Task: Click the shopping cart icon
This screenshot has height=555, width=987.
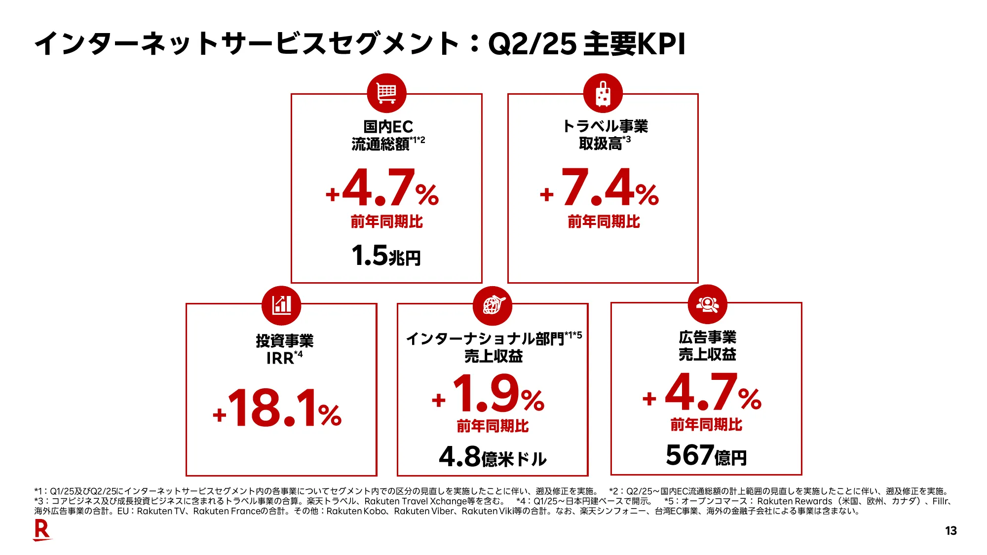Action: point(386,93)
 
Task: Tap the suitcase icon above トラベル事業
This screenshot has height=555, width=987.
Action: point(603,93)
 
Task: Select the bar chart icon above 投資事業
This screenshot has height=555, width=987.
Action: point(281,305)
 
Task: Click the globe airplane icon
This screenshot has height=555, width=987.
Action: point(493,305)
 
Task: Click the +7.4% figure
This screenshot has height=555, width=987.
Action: point(600,188)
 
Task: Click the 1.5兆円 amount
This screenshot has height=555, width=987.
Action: point(386,256)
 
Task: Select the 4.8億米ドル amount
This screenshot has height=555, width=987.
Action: point(493,457)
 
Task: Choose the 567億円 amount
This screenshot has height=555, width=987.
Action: point(706,455)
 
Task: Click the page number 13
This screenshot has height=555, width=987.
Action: point(950,531)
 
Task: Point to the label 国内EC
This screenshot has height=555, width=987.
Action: point(388,127)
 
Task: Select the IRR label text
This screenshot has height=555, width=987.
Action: point(280,358)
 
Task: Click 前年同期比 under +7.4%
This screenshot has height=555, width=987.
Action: point(604,222)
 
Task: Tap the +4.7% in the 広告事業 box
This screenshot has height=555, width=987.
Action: point(702,394)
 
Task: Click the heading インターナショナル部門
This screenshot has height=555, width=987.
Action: point(485,339)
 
